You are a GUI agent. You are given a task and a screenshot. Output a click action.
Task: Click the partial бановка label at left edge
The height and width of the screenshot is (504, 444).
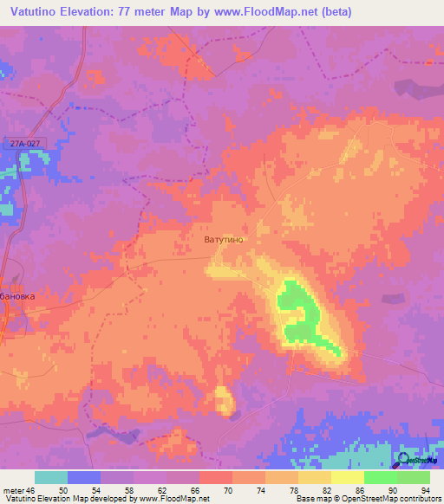pyautogui.click(x=17, y=296)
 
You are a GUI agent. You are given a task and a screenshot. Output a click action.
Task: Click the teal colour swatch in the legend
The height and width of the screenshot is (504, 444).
pyautogui.click(x=51, y=477)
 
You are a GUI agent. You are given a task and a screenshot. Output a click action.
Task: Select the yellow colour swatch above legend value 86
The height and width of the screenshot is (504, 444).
pyautogui.click(x=348, y=477)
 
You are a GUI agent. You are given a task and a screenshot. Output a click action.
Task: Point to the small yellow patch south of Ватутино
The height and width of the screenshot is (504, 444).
pyautogui.click(x=224, y=400)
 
